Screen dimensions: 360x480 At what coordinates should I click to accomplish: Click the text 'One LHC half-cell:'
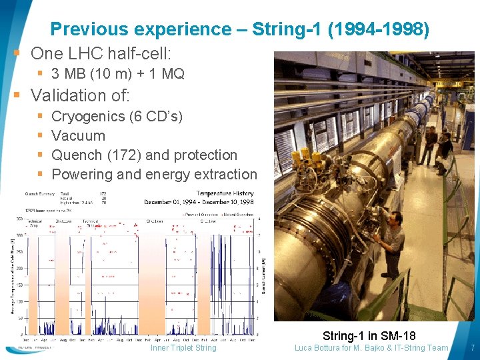pos(101,53)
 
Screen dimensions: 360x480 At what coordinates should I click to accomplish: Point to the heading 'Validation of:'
pos(80,95)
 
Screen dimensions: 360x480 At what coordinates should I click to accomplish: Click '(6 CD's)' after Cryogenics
pos(156,117)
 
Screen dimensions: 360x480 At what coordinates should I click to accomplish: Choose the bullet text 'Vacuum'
pos(78,136)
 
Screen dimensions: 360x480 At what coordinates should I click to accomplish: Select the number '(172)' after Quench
pos(124,155)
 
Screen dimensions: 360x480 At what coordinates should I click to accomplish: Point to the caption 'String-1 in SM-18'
pos(369,335)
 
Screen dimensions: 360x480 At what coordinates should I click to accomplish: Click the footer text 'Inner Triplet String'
pos(183,347)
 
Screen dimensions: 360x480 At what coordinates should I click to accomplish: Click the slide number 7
pos(472,347)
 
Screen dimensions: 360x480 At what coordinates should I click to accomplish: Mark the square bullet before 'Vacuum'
pos(41,136)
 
